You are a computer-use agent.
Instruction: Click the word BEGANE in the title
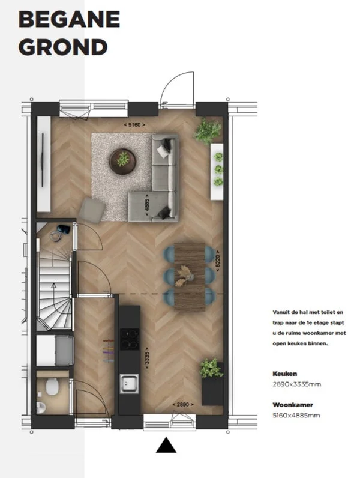click(x=69, y=20)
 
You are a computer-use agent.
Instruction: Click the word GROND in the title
click(x=63, y=46)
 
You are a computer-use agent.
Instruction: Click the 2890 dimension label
click(x=183, y=404)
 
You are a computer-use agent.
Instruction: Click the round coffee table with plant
click(x=122, y=159)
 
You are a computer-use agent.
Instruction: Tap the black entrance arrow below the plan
click(x=166, y=445)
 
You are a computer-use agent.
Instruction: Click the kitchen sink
click(x=128, y=383)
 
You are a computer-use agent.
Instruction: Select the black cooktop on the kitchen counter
click(x=129, y=339)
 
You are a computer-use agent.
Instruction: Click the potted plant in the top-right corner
click(x=208, y=130)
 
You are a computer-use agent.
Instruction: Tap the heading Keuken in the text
click(x=284, y=373)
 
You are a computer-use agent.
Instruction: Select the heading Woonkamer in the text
click(x=293, y=405)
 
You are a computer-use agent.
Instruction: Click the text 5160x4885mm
click(x=296, y=415)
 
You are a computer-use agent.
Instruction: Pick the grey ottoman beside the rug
click(x=92, y=208)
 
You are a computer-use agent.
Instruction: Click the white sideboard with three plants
click(x=217, y=171)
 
